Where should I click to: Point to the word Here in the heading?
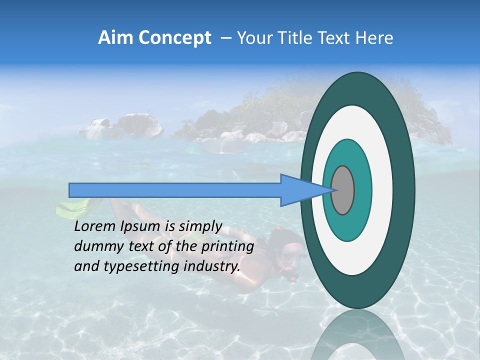[373, 38]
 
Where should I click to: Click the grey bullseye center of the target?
[343, 190]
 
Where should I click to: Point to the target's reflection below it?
[357, 335]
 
